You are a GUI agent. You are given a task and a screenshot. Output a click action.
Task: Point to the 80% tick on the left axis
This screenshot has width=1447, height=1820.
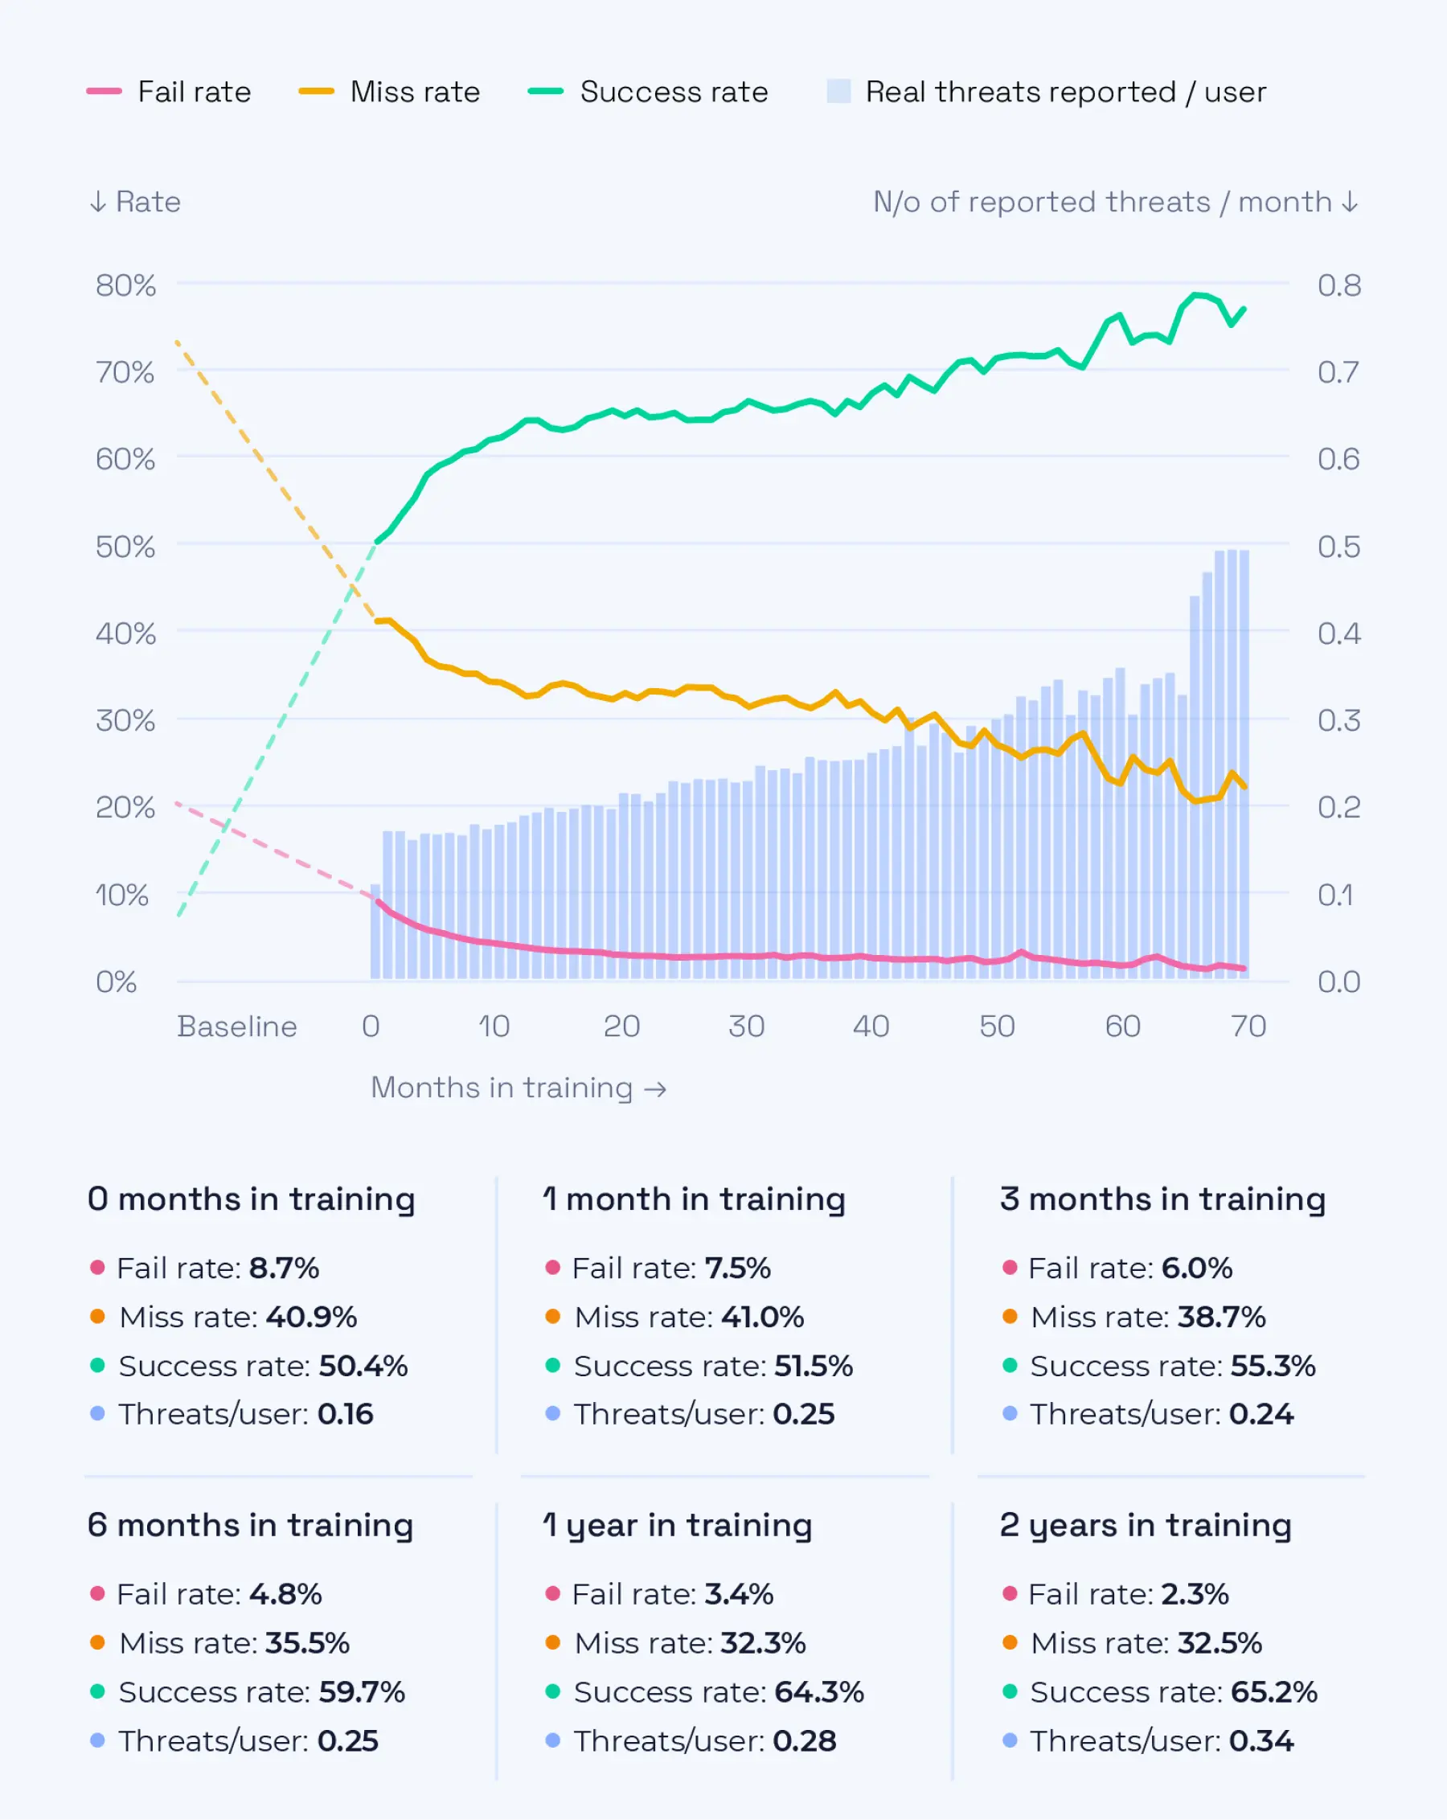pos(125,285)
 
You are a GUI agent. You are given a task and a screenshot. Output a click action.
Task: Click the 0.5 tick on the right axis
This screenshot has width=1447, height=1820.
pos(1338,546)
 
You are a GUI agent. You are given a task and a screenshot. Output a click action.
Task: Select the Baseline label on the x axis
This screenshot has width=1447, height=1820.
pos(236,1026)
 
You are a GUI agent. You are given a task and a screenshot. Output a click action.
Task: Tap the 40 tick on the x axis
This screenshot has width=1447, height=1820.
pos(870,1026)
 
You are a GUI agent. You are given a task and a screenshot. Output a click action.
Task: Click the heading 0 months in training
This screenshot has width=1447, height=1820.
pos(251,1199)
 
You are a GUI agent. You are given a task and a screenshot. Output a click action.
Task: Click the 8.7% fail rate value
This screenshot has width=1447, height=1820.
pos(284,1268)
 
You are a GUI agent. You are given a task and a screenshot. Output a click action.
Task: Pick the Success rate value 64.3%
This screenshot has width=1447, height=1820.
pos(819,1691)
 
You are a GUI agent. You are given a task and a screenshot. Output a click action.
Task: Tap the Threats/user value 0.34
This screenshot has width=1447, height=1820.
pos(1260,1740)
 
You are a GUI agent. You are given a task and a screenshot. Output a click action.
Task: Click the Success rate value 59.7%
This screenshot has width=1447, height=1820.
pos(361,1691)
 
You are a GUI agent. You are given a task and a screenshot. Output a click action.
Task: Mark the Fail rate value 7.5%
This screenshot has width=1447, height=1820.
pos(737,1268)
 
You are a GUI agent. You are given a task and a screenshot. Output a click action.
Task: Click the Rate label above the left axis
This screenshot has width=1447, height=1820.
pos(147,202)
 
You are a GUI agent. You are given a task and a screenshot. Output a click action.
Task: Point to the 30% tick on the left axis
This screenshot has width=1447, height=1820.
pos(125,720)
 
